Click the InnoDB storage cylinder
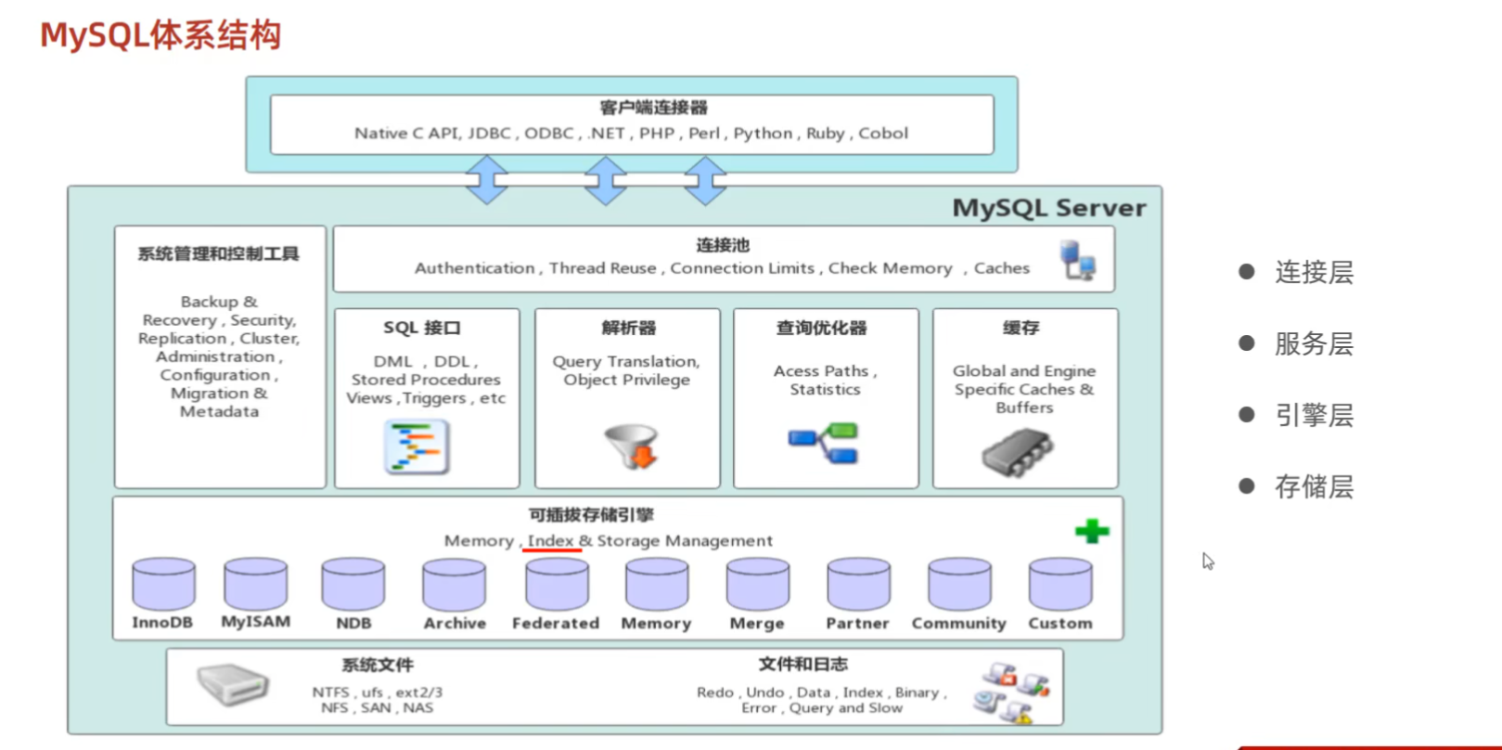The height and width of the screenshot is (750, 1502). click(163, 584)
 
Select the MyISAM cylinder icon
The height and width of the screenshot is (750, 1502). click(255, 583)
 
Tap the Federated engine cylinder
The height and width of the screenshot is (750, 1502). click(557, 584)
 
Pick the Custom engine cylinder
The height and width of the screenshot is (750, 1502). click(1059, 584)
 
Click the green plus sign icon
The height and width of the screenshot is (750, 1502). click(1092, 531)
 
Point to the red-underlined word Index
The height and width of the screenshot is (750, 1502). click(550, 540)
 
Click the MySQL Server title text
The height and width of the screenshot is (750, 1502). click(1048, 208)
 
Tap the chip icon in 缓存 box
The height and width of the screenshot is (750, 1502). click(1017, 452)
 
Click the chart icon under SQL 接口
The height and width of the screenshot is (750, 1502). click(417, 446)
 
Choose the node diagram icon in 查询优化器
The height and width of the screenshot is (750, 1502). click(824, 444)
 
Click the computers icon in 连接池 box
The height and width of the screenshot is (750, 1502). click(1078, 260)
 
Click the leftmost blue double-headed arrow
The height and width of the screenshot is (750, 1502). click(487, 179)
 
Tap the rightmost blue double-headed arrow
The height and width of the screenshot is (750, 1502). click(705, 179)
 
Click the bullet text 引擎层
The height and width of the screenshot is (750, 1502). click(1314, 415)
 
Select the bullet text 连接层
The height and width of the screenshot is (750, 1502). click(1314, 272)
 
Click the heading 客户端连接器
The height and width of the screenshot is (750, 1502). click(653, 108)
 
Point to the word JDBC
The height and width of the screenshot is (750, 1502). click(489, 133)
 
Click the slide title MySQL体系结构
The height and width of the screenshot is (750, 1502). click(160, 35)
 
